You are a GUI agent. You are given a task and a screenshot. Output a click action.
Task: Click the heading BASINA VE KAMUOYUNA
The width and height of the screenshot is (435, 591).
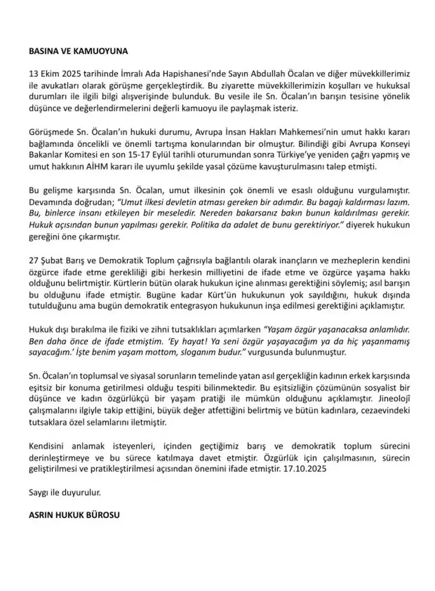[78, 51]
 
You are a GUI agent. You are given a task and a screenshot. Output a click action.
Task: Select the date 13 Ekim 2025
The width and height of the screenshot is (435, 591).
[52, 74]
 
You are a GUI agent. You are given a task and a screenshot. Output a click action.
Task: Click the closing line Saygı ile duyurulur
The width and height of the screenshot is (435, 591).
[65, 492]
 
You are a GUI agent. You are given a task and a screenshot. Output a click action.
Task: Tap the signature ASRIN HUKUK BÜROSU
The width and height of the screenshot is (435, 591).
[74, 515]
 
